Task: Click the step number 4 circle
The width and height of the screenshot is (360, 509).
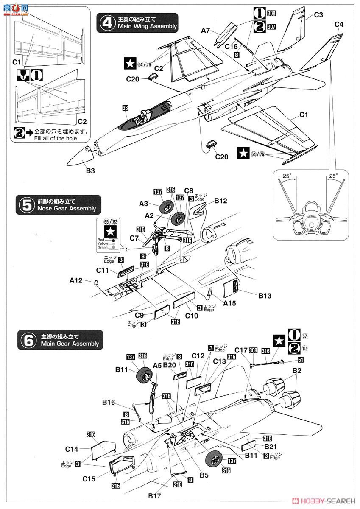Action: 106,22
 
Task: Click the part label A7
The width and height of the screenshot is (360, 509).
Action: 206,30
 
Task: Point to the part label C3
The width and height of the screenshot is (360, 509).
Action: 319,15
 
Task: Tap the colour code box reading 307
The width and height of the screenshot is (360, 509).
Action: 272,26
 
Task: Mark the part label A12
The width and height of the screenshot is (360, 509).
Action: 76,280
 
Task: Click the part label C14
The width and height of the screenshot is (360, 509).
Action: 72,449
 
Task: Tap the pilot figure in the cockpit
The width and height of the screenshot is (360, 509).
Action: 144,115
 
